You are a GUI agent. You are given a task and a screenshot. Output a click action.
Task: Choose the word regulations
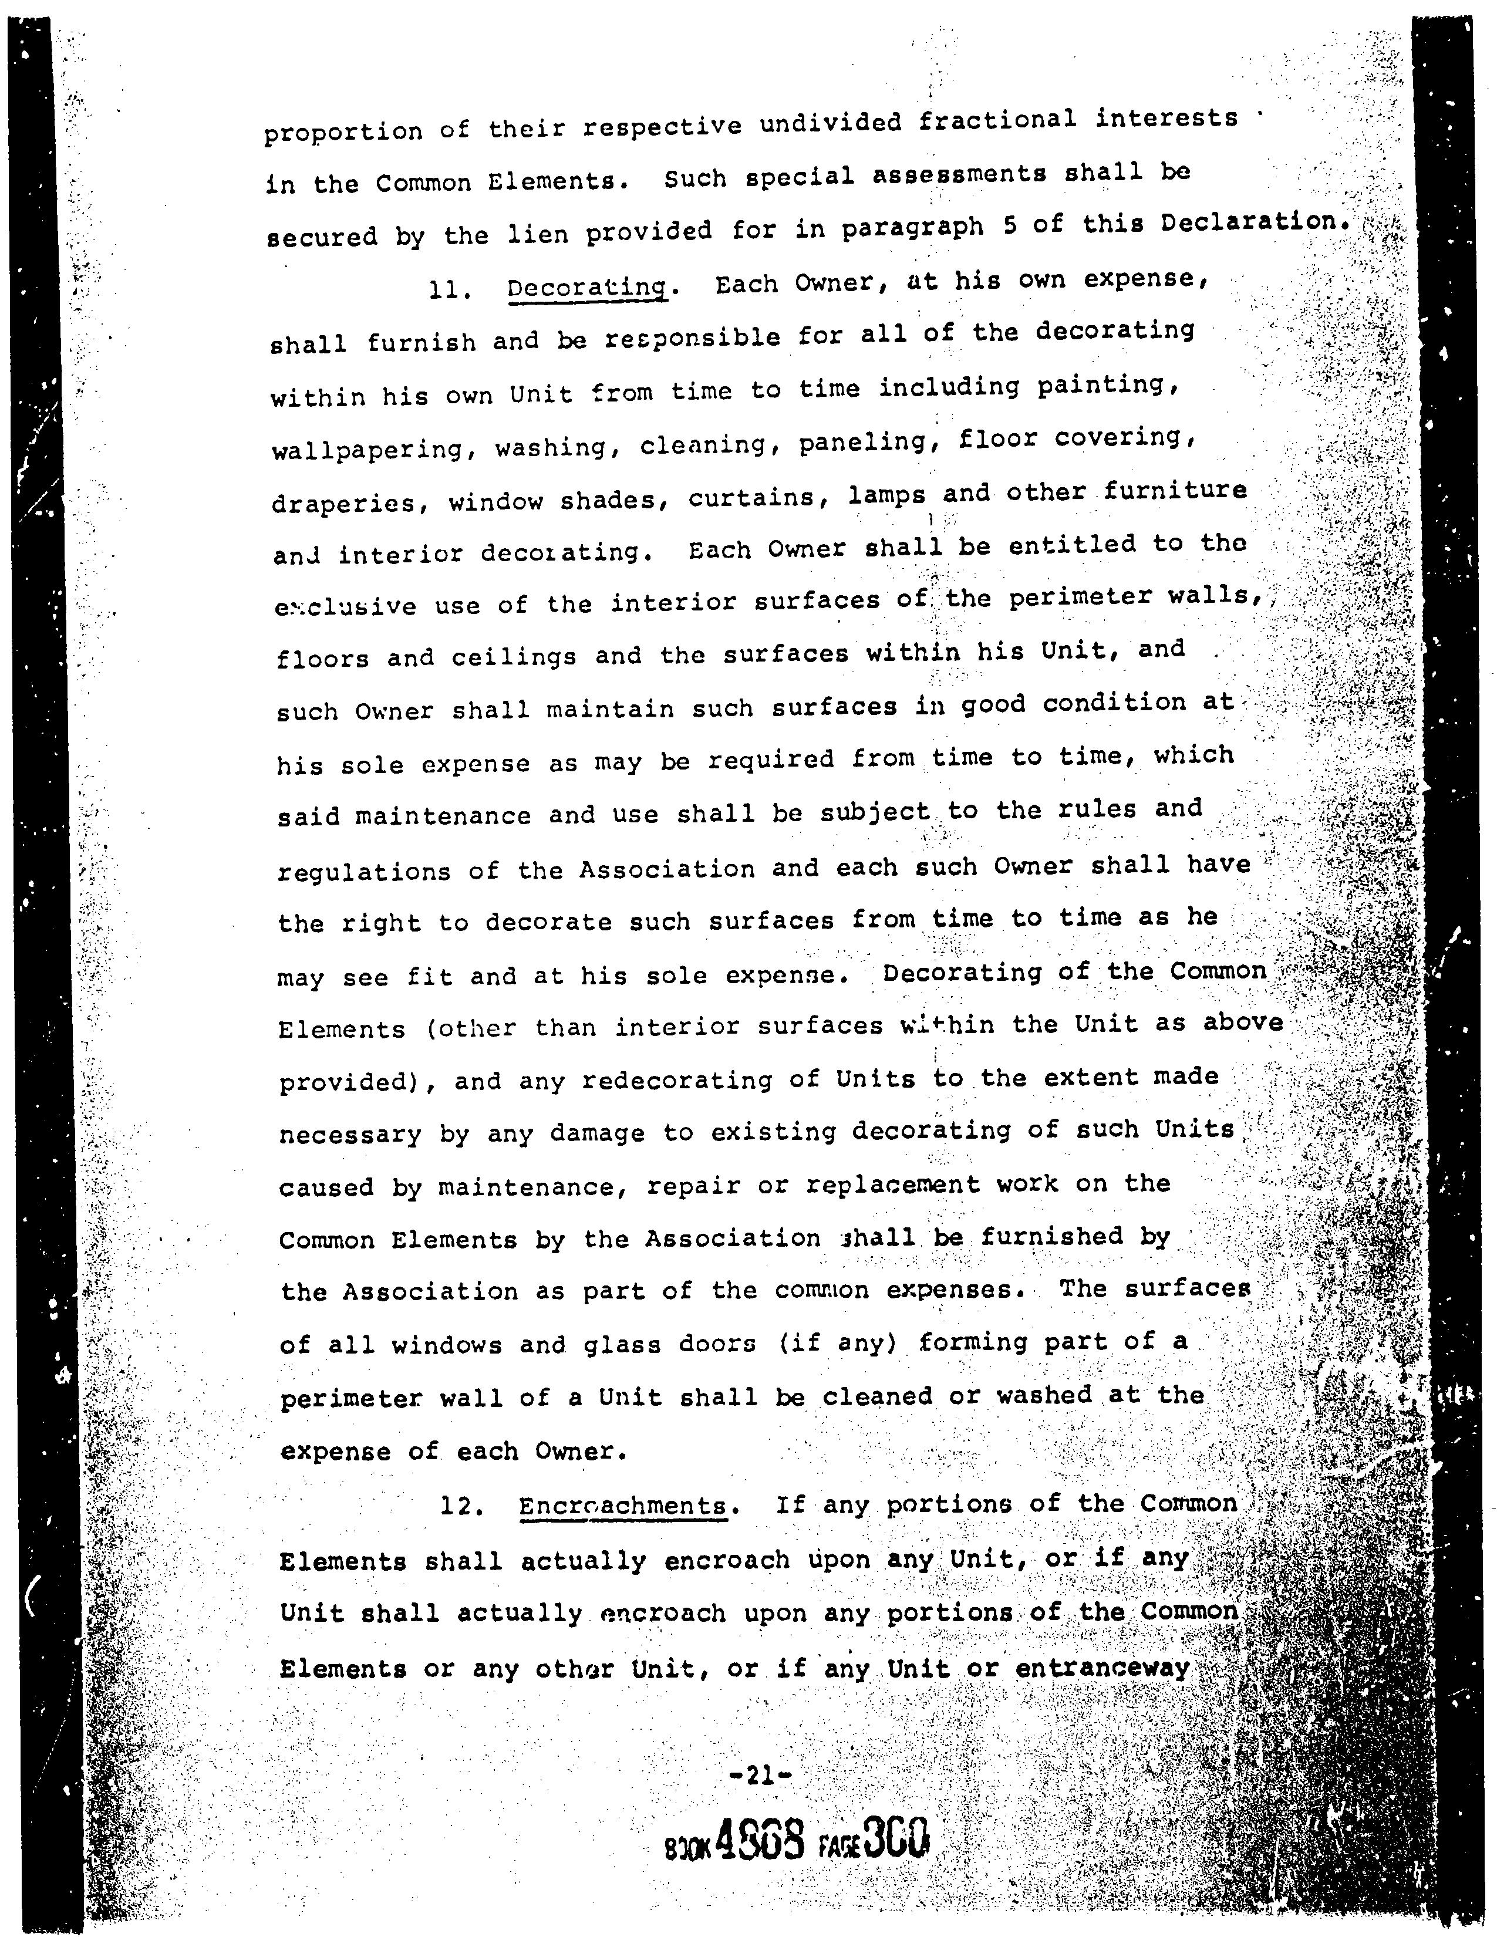tap(363, 872)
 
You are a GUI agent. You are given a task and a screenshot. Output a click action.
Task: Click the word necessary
tap(350, 1135)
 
